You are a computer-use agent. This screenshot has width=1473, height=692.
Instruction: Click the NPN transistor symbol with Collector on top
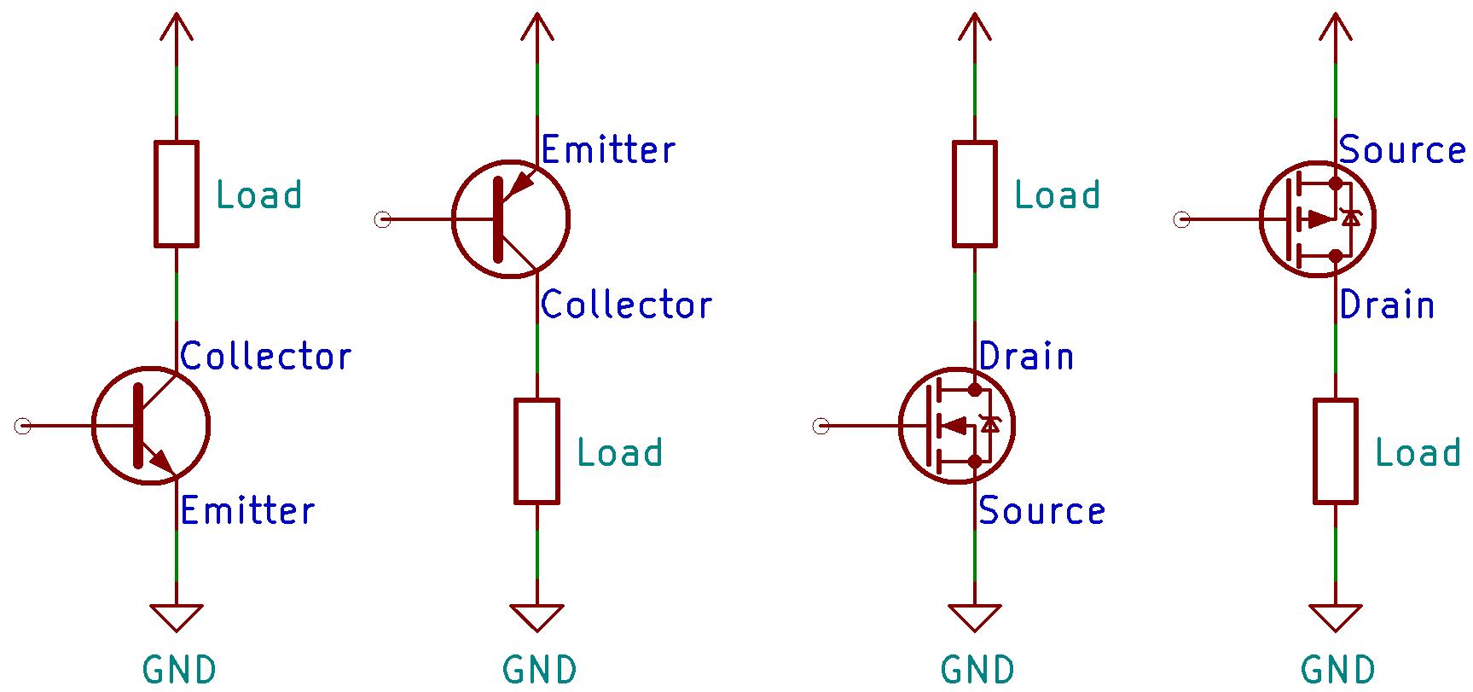coord(151,425)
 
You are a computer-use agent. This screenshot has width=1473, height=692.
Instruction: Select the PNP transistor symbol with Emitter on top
coord(510,219)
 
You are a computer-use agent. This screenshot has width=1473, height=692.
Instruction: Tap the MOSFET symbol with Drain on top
coord(957,425)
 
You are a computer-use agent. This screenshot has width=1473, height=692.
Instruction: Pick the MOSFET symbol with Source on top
coord(1318,219)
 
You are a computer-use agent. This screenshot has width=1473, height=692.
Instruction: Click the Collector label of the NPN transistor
coord(265,356)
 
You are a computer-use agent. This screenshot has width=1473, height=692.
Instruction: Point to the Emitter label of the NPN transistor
coord(247,510)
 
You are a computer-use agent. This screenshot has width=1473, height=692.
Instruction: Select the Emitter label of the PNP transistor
coord(608,149)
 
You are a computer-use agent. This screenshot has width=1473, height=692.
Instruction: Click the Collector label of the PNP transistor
coord(626,305)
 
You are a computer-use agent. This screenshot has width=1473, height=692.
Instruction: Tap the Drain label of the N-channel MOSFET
coord(1026,356)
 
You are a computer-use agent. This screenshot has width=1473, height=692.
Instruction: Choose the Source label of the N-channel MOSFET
coord(1041,510)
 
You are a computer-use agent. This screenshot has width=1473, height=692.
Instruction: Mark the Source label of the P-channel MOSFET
coord(1402,149)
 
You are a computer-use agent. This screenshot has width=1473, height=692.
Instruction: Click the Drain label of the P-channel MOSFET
coord(1387,305)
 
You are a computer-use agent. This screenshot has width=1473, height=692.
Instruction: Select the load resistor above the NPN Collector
coord(177,195)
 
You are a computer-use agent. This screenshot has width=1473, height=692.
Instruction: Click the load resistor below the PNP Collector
coord(536,451)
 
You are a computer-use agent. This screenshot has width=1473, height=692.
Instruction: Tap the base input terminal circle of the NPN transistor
coord(23,425)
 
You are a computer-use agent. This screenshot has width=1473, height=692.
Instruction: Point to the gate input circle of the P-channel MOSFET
coord(1181,220)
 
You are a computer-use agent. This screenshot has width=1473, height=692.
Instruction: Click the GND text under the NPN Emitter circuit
coord(179,670)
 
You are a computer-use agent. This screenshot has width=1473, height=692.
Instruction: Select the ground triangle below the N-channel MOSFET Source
coord(974,616)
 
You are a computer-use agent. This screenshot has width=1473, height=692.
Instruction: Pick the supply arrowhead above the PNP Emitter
coord(536,26)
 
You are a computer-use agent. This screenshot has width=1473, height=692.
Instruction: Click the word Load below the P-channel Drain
coord(1418,452)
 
